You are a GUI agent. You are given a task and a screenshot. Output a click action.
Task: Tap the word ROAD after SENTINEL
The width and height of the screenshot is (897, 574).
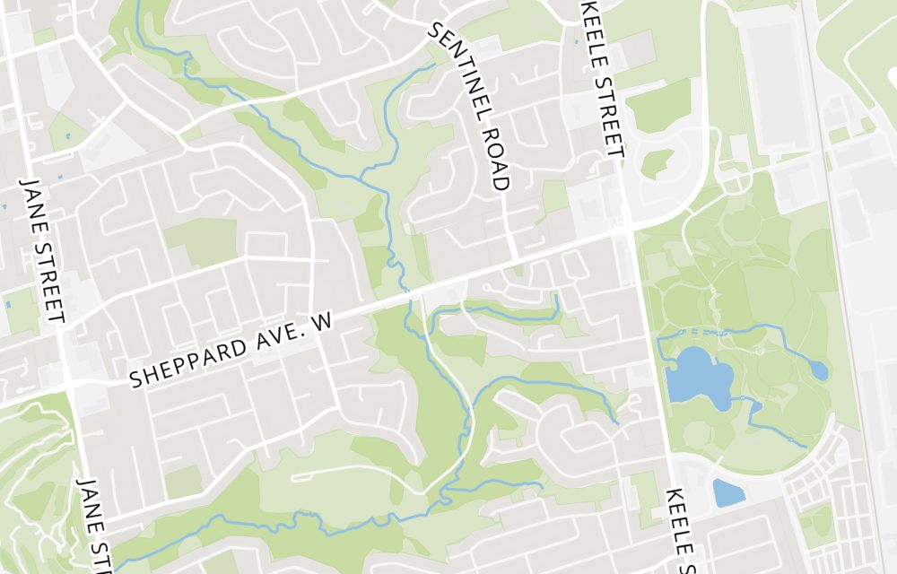click(495, 156)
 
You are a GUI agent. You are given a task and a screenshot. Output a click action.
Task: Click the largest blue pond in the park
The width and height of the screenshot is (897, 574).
click(698, 377)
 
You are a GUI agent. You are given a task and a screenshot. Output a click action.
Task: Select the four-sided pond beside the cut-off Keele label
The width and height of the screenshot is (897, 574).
click(727, 492)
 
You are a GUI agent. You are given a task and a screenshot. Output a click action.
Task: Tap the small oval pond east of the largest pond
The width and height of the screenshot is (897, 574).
click(818, 368)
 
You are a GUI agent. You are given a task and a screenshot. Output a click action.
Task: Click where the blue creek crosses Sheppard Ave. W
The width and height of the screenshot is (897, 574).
click(408, 293)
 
